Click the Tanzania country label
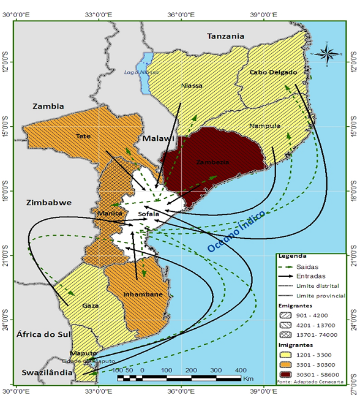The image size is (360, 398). [x=226, y=36]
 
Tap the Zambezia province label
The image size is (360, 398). [x=213, y=163]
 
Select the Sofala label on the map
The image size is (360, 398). [x=149, y=214]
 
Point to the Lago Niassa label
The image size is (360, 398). [x=137, y=72]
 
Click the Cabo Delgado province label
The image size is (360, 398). [x=274, y=72]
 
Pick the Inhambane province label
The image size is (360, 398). [x=143, y=295]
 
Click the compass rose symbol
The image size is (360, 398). [x=328, y=54]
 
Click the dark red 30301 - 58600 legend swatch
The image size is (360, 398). [x=285, y=372]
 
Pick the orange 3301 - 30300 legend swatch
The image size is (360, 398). [x=285, y=361]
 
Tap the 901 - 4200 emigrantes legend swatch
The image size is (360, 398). [x=285, y=315]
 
